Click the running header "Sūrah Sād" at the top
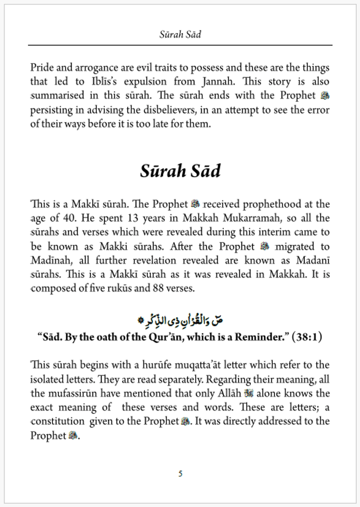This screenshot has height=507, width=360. (x=180, y=34)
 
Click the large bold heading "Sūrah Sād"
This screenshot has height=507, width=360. (x=180, y=171)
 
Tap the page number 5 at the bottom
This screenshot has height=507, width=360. (x=180, y=474)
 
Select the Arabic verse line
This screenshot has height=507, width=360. (x=180, y=320)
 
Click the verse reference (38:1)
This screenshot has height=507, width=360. (x=307, y=337)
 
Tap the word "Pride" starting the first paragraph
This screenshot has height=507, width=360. (x=43, y=68)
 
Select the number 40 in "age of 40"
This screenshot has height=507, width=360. (x=71, y=218)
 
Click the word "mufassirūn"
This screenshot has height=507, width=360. (x=74, y=393)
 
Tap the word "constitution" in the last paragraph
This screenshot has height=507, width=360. (x=58, y=421)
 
